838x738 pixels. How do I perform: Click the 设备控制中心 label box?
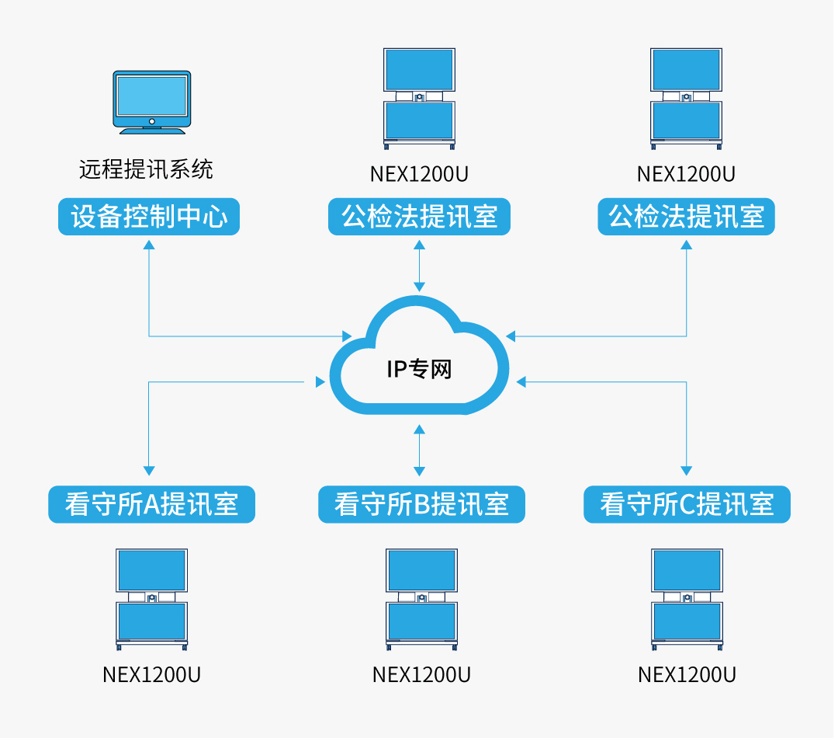[x=149, y=217]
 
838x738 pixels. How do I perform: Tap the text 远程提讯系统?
[x=146, y=169]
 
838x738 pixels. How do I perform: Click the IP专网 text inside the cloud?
[x=419, y=369]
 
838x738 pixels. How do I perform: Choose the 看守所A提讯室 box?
[x=151, y=505]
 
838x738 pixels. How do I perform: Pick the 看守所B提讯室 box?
[x=421, y=505]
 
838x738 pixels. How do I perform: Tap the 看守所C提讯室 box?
[x=687, y=505]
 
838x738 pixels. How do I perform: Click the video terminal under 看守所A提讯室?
[x=151, y=599]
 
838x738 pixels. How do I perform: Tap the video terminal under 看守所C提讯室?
[x=687, y=599]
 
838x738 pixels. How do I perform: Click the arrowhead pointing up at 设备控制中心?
[x=149, y=244]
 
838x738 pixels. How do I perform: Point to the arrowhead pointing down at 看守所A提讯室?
[x=149, y=471]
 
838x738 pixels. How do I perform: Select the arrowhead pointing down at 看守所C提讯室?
[x=686, y=471]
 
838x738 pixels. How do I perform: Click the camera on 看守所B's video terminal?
[x=421, y=597]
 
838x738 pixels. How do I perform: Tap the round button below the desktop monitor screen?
[x=151, y=121]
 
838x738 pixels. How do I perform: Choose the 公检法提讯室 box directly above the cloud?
[x=419, y=217]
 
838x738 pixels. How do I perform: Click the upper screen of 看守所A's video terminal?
[x=151, y=570]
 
